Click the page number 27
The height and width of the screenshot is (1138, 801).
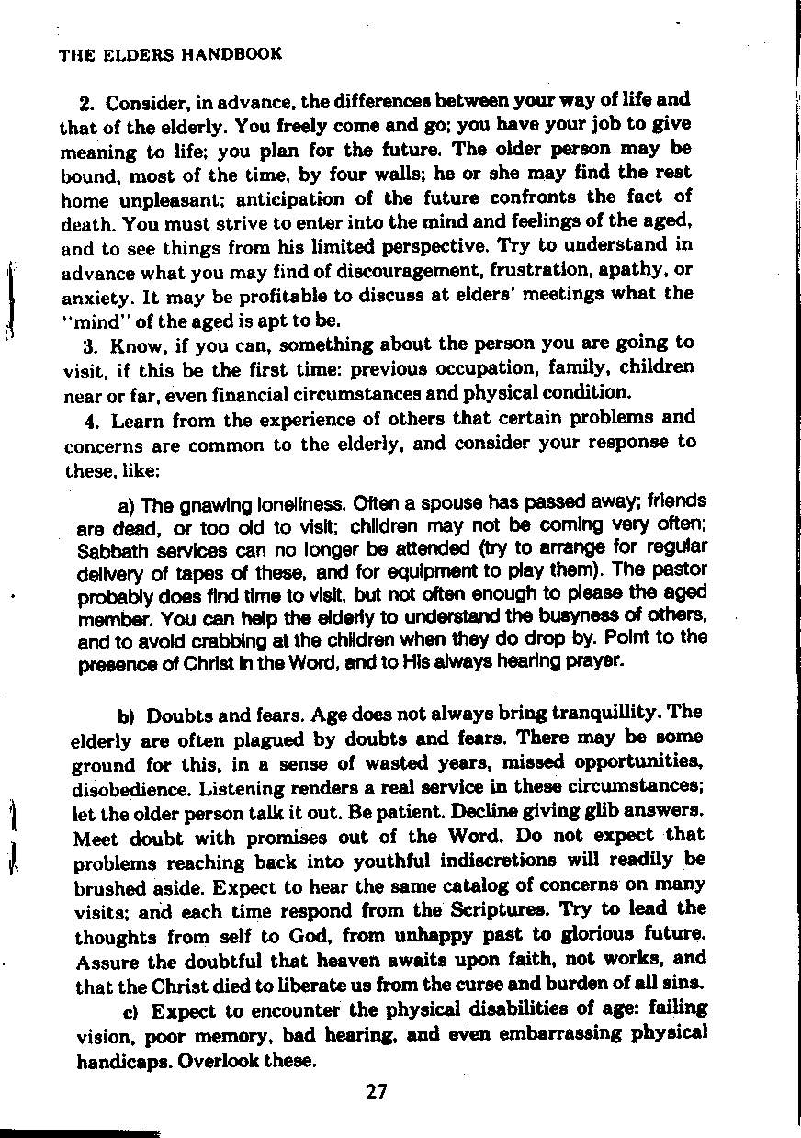376,1092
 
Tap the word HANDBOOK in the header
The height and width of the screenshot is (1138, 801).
231,54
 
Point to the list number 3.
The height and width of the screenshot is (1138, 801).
90,346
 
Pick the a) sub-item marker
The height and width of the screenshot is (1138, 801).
127,505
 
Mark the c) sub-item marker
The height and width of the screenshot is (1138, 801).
130,1012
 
